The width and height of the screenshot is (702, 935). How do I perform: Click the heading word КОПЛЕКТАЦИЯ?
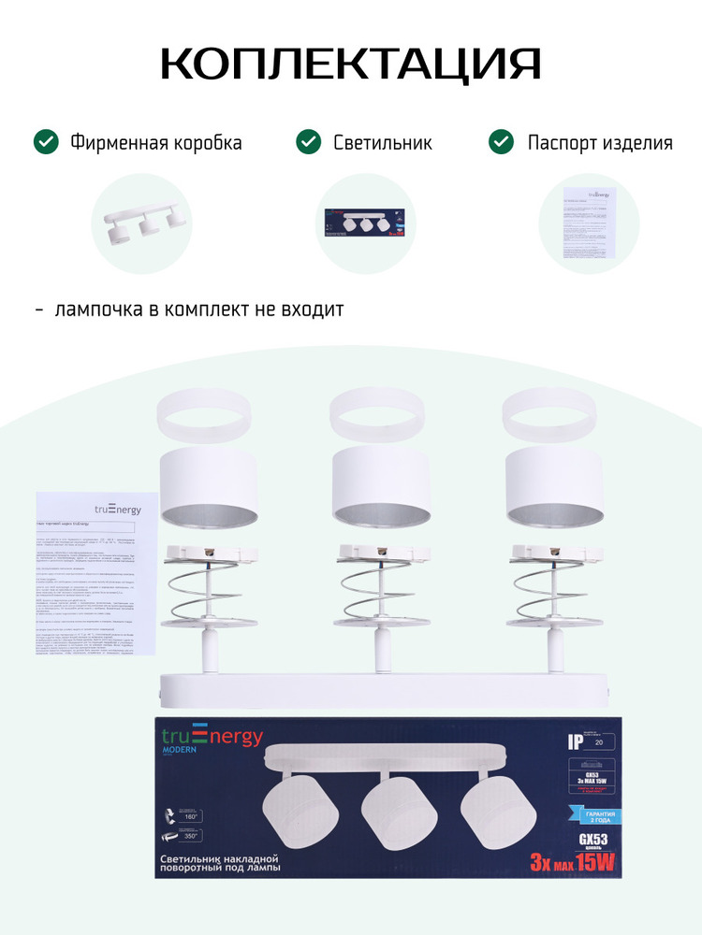coord(350,65)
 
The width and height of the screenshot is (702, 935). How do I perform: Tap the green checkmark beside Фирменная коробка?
coord(45,142)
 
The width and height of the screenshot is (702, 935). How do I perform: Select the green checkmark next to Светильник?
coord(309,142)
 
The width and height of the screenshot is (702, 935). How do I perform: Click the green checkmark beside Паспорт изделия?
coord(502,142)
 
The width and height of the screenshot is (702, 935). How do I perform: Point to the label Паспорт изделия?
coord(599,143)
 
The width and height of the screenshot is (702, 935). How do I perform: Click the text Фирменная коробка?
coord(155,143)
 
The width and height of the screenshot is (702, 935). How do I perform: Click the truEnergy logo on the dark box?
coord(212,739)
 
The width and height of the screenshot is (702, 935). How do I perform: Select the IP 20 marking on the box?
coord(585,741)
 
